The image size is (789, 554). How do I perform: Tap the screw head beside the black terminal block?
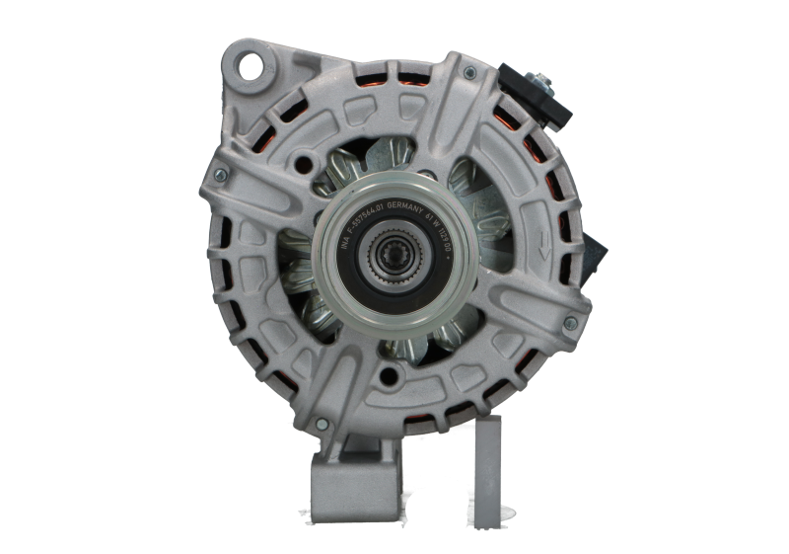[469, 73]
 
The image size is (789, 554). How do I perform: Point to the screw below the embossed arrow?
[568, 324]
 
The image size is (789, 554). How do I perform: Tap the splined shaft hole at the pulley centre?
[393, 261]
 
